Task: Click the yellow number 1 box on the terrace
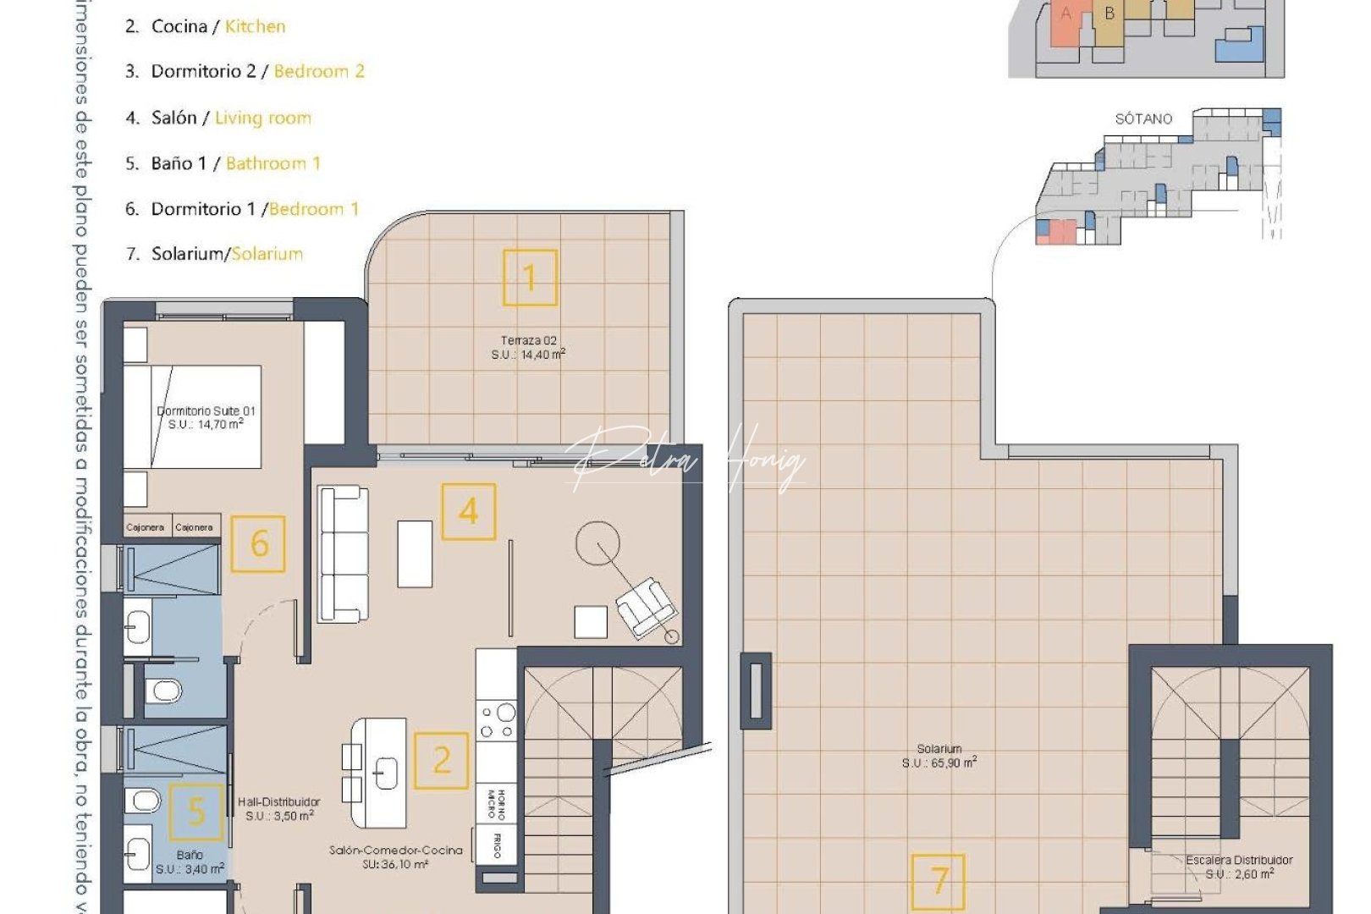point(530,278)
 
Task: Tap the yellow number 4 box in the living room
point(468,511)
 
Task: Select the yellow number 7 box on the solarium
point(938,881)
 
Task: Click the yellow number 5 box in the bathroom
point(196,812)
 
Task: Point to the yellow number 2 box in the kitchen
point(441,761)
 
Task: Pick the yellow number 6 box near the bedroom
point(258,543)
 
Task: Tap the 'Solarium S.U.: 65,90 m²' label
point(939,756)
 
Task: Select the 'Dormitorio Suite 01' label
point(206,417)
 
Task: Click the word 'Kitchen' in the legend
point(255,26)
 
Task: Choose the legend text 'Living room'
point(262,118)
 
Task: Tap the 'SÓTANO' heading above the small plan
point(1143,118)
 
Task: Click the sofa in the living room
point(343,554)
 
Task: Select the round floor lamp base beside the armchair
point(672,636)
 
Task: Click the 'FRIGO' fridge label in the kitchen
point(496,845)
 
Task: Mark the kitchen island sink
point(385,772)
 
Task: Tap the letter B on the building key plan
point(1109,14)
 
